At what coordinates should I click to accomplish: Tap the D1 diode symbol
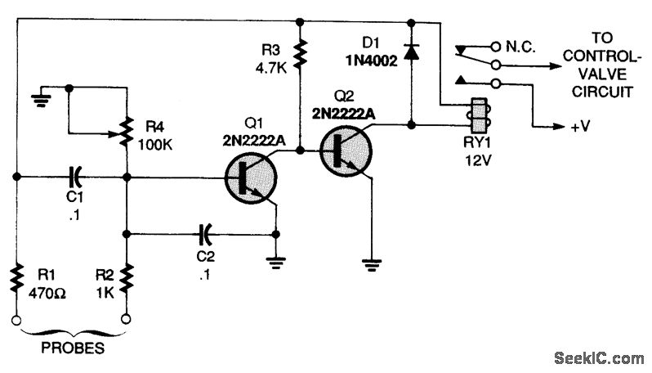pos(410,54)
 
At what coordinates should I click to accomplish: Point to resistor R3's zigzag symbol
pos(301,54)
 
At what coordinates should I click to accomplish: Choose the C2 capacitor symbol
pos(204,235)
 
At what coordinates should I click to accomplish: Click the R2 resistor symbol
pos(126,277)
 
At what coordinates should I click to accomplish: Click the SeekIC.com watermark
pos(598,358)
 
